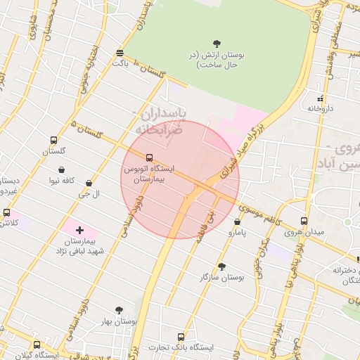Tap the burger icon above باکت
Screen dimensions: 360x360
coord(120,53)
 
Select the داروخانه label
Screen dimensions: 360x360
coord(319,108)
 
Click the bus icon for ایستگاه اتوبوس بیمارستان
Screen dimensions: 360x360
coord(148,158)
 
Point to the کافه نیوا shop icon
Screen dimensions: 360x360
coord(63,169)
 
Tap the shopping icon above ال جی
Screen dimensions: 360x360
coord(89,183)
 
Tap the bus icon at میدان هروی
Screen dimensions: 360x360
coord(304,220)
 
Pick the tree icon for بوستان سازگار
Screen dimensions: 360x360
coord(222,266)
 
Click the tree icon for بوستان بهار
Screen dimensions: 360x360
coord(119,309)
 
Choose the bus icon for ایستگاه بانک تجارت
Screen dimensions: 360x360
coord(181,337)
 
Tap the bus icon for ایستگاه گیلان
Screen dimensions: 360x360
coord(37,345)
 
